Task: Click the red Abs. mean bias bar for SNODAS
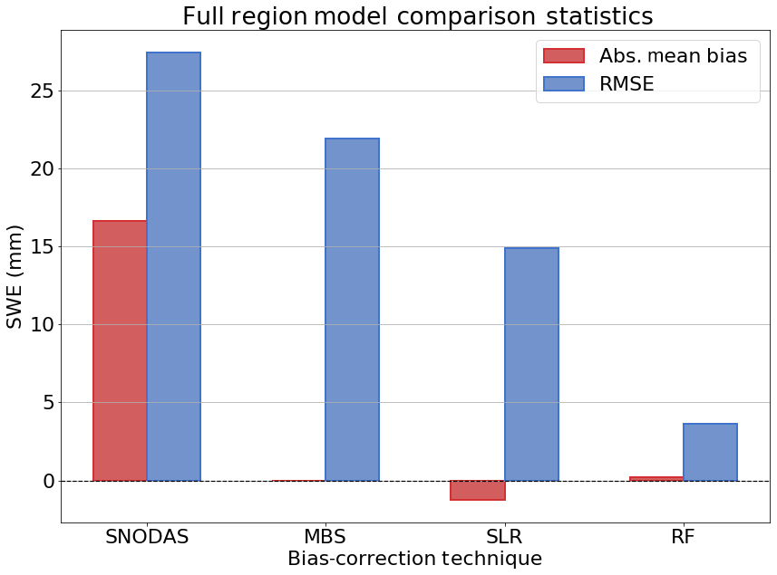pyautogui.click(x=120, y=350)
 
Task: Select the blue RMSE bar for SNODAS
pyautogui.click(x=173, y=266)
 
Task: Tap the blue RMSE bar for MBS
pyautogui.click(x=352, y=310)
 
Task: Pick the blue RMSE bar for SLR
pyautogui.click(x=531, y=364)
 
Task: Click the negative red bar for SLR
pyautogui.click(x=478, y=490)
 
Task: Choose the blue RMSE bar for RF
pyautogui.click(x=710, y=452)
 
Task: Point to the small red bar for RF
pyautogui.click(x=656, y=478)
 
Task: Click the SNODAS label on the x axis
pyautogui.click(x=147, y=535)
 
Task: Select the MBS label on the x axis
pyautogui.click(x=325, y=535)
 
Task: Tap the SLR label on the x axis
pyautogui.click(x=504, y=535)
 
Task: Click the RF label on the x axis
pyautogui.click(x=683, y=535)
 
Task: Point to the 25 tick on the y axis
pyautogui.click(x=37, y=91)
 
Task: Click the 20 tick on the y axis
pyautogui.click(x=37, y=169)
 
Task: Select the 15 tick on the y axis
pyautogui.click(x=37, y=247)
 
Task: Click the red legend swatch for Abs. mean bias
pyautogui.click(x=563, y=56)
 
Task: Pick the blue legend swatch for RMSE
pyautogui.click(x=563, y=84)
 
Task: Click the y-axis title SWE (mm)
pyautogui.click(x=15, y=276)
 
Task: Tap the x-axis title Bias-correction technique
pyautogui.click(x=414, y=559)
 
